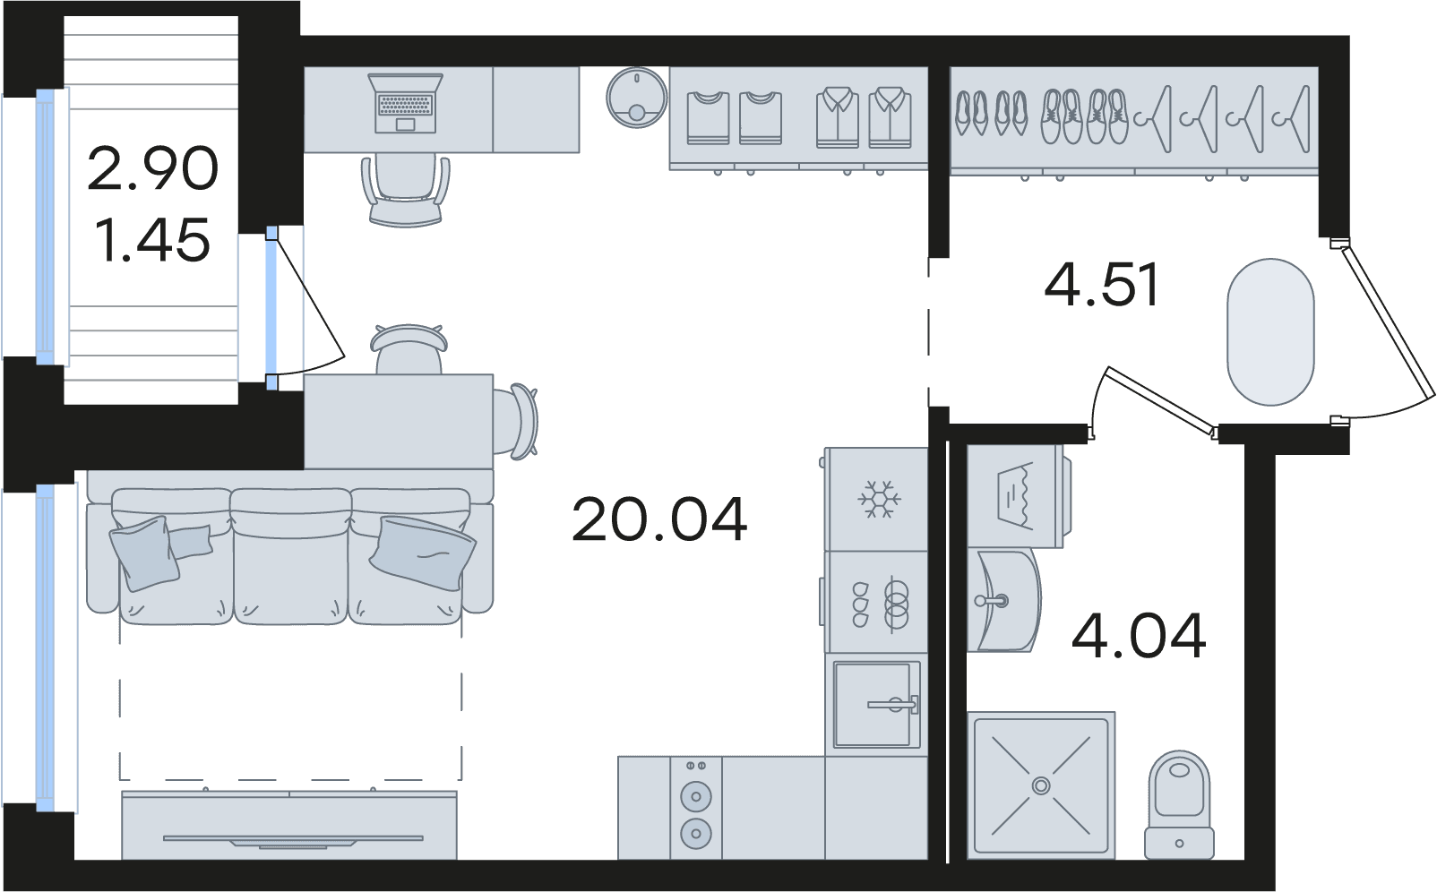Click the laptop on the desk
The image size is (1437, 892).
(x=406, y=103)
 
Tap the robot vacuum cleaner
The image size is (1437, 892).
(x=637, y=98)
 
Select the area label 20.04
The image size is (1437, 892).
(x=659, y=519)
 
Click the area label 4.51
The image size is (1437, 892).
(x=1102, y=284)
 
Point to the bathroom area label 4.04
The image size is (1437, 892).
(x=1140, y=636)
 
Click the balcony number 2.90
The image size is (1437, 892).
(x=152, y=168)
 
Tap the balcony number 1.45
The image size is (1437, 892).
(x=152, y=240)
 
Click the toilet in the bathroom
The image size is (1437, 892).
(x=1179, y=804)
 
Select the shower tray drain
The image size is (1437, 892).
(x=1040, y=785)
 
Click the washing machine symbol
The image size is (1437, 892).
(x=1016, y=496)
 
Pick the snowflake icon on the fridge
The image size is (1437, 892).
(x=880, y=498)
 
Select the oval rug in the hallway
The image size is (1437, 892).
(x=1270, y=331)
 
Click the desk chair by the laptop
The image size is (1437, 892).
(x=406, y=190)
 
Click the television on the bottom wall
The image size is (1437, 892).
(x=293, y=839)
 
